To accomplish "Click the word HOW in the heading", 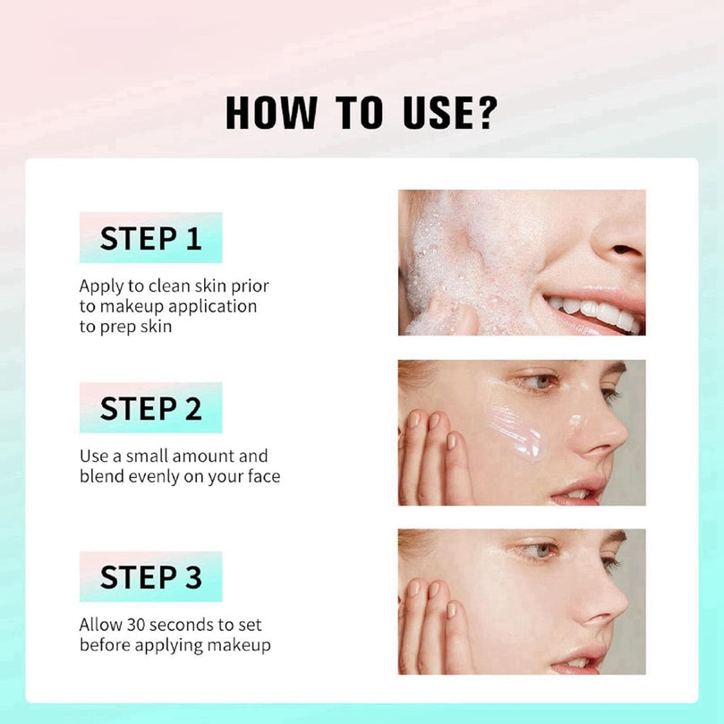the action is click(x=271, y=112).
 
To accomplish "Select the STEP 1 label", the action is click(x=150, y=238).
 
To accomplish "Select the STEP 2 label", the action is click(x=150, y=408).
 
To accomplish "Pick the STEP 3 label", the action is click(x=150, y=576).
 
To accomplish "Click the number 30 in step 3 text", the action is click(x=136, y=625).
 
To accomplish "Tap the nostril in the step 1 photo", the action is click(x=625, y=250).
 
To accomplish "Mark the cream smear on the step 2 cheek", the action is click(x=517, y=432).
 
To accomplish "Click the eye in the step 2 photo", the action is click(x=541, y=381).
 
